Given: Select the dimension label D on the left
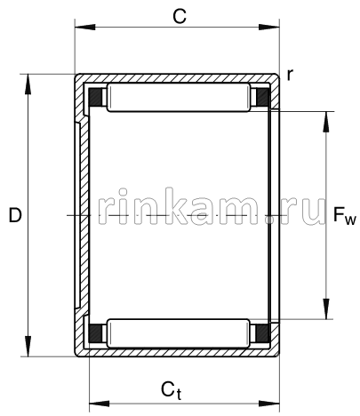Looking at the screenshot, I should tap(13, 215).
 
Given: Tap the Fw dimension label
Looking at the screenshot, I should tap(344, 215).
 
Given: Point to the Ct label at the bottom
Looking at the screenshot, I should tap(172, 388).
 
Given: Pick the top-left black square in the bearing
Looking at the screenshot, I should tap(95, 97).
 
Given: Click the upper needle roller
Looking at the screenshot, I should tap(178, 98).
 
